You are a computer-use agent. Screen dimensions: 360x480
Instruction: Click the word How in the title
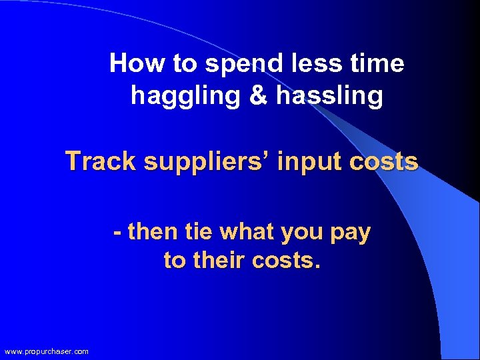point(129,64)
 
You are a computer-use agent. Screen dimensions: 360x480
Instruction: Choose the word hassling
point(329,97)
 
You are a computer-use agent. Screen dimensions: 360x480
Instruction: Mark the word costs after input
point(384,161)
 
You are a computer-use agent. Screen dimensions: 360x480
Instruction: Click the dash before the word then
point(117,233)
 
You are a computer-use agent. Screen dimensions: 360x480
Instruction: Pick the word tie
point(198,233)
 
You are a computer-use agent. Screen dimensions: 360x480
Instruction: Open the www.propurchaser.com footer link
point(46,351)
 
